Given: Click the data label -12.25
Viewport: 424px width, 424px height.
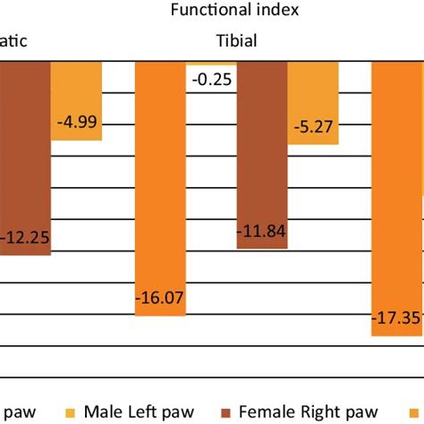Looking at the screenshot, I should coord(23,239).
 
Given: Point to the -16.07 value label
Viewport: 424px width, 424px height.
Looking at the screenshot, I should coord(160,298).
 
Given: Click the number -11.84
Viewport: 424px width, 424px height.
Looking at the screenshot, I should coord(261,232).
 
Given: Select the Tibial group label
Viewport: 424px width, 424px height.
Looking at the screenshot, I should coord(236,41).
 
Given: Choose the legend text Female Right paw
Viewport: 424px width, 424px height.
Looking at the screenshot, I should coord(314,411).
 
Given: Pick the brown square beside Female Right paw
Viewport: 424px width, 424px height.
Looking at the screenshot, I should coord(228,412).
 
